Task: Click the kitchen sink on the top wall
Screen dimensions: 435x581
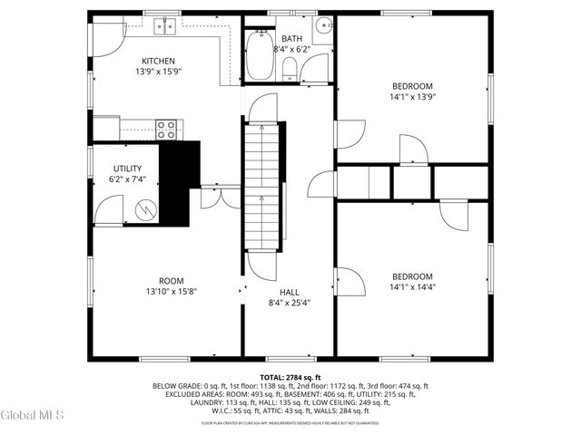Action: pos(164,25)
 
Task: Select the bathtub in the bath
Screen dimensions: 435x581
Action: pos(259,57)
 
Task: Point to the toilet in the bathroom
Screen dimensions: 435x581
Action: pos(290,68)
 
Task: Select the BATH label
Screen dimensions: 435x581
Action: pos(291,39)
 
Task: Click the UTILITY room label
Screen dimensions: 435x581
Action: pos(126,169)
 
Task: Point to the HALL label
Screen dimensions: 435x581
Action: pos(290,292)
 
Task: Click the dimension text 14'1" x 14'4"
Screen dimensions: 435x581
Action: pos(412,287)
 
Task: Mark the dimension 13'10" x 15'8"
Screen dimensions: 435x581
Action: pos(172,291)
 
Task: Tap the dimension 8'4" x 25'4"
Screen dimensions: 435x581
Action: pos(290,303)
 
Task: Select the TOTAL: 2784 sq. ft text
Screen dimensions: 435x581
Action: pos(290,377)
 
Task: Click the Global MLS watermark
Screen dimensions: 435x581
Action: pos(33,415)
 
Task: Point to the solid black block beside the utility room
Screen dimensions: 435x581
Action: pos(179,181)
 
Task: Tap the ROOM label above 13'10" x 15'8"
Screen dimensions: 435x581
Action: pos(172,280)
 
